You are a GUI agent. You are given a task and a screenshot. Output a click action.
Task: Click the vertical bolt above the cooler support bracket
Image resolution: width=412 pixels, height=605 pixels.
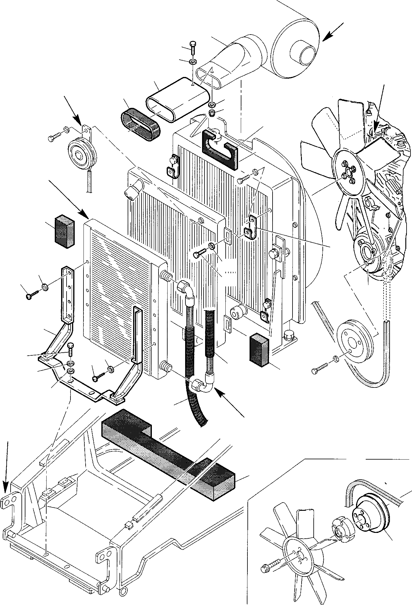70,350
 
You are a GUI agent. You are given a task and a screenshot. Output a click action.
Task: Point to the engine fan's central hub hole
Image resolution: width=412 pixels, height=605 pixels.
347,173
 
